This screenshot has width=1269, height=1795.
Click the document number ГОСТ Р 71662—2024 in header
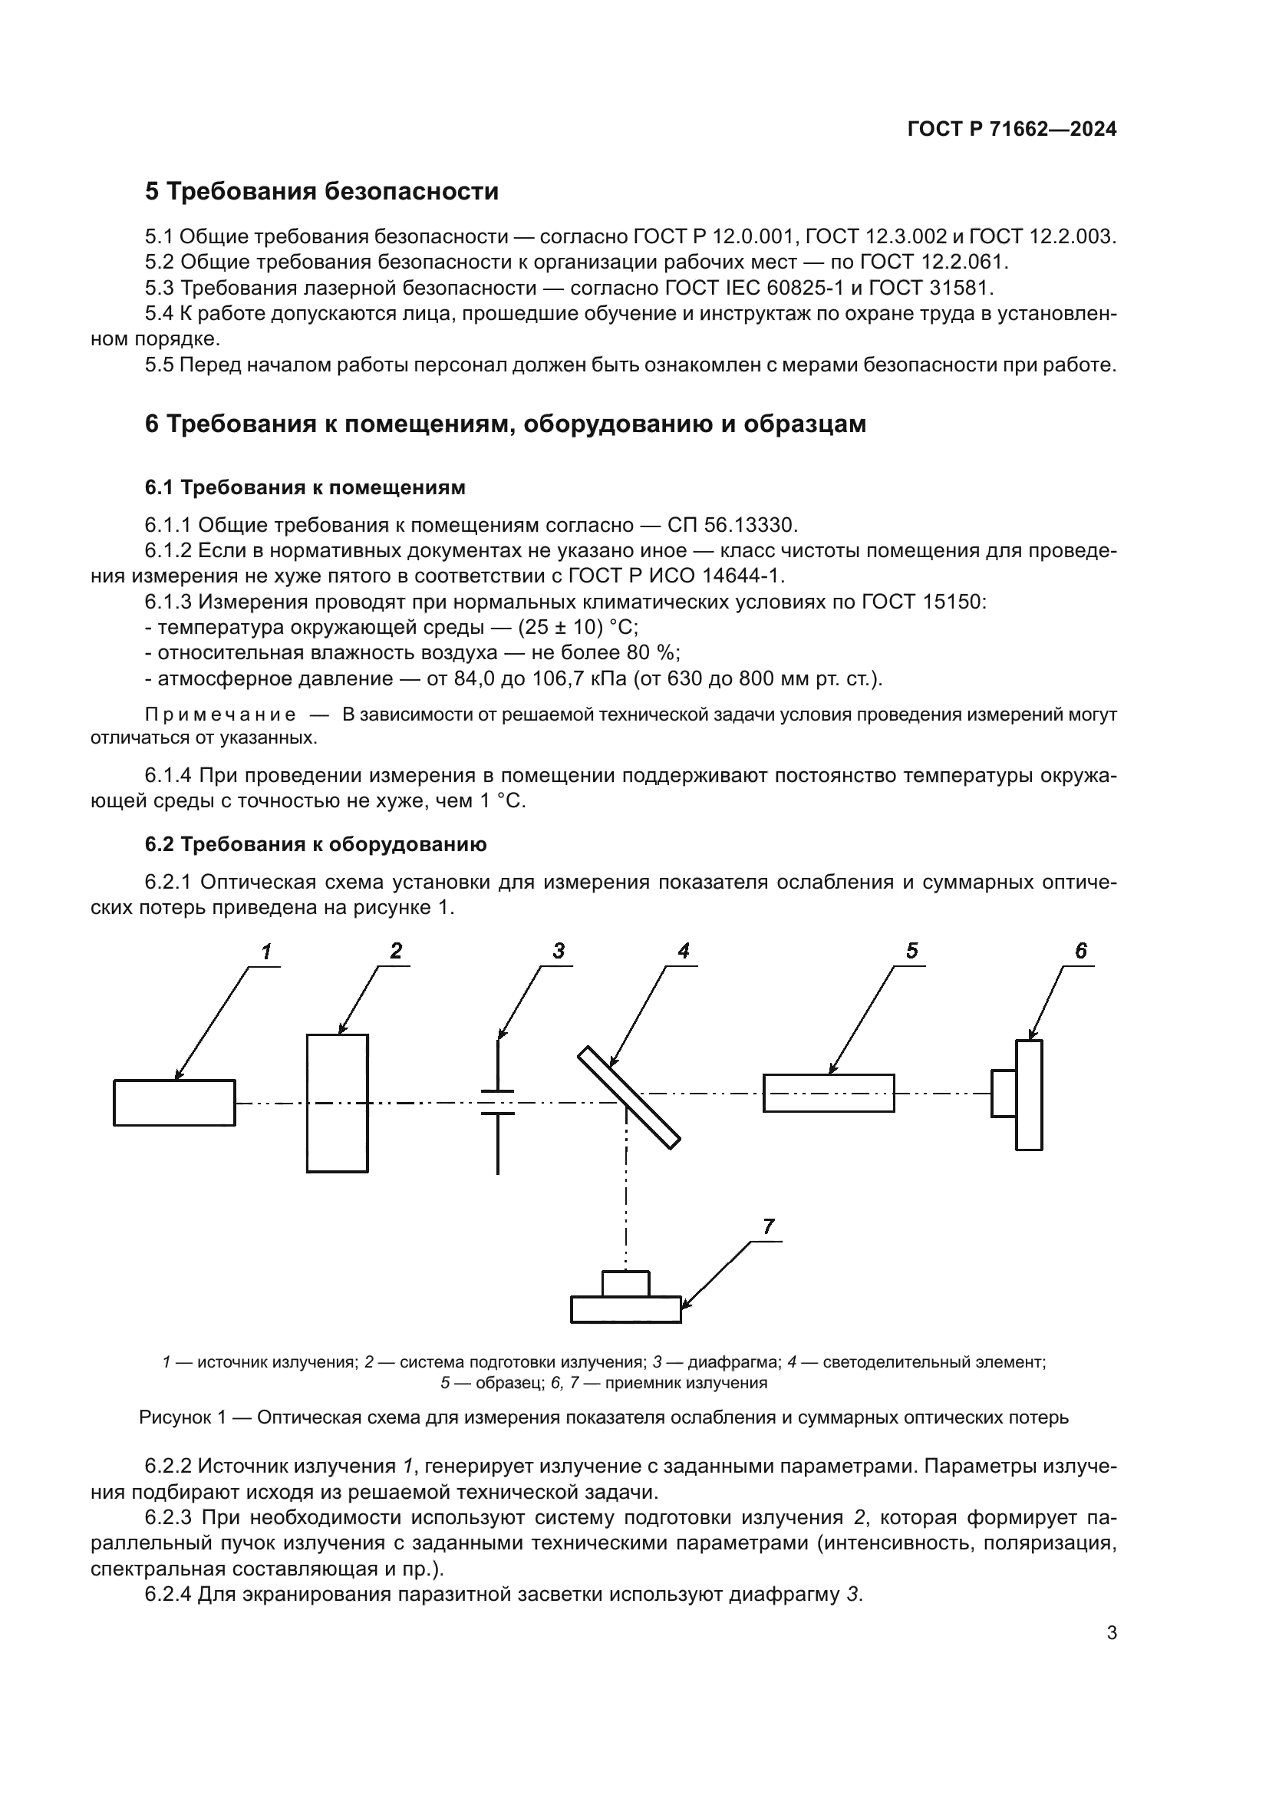(x=1012, y=130)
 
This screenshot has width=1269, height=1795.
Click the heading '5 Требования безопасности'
(x=321, y=192)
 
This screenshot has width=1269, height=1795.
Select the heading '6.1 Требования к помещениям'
(x=305, y=487)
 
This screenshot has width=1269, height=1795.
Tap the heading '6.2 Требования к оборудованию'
(x=315, y=844)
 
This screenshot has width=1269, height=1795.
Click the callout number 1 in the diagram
(x=266, y=952)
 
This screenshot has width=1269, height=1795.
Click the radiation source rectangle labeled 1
(x=174, y=1103)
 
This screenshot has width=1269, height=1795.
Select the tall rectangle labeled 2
(x=337, y=1103)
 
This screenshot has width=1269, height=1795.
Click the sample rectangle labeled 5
(x=829, y=1093)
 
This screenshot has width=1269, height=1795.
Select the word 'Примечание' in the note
(x=220, y=714)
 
